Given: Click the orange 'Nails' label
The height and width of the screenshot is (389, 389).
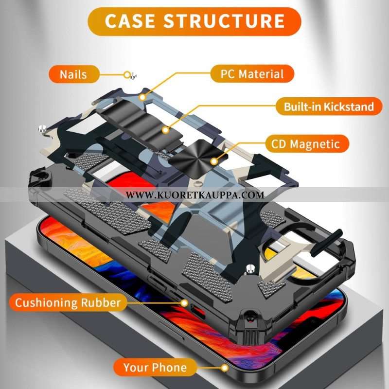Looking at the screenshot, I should (x=73, y=74).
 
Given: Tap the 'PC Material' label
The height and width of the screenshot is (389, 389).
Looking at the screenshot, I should (x=252, y=74).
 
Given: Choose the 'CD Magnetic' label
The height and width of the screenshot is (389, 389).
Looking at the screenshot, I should (x=308, y=144).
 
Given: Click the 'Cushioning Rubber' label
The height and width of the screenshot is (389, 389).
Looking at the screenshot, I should (x=67, y=302).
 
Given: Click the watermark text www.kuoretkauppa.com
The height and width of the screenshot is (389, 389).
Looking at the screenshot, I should (x=194, y=195).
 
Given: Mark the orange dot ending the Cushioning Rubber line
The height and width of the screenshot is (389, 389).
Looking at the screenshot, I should (x=184, y=302).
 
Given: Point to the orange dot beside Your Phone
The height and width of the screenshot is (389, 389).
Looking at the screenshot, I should (x=225, y=368).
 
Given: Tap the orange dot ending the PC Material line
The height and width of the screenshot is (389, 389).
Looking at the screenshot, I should (x=142, y=97).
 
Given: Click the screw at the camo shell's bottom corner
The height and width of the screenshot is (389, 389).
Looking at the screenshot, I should (x=250, y=267).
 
